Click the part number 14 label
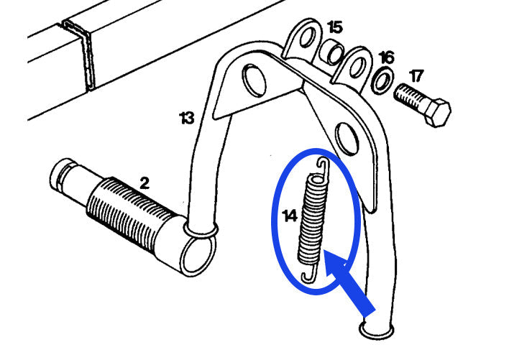[290, 216]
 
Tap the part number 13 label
[187, 118]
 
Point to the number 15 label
[335, 28]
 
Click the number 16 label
[386, 57]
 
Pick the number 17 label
[417, 75]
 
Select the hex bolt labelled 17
[422, 104]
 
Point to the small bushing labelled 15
[333, 52]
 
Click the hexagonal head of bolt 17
[437, 113]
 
